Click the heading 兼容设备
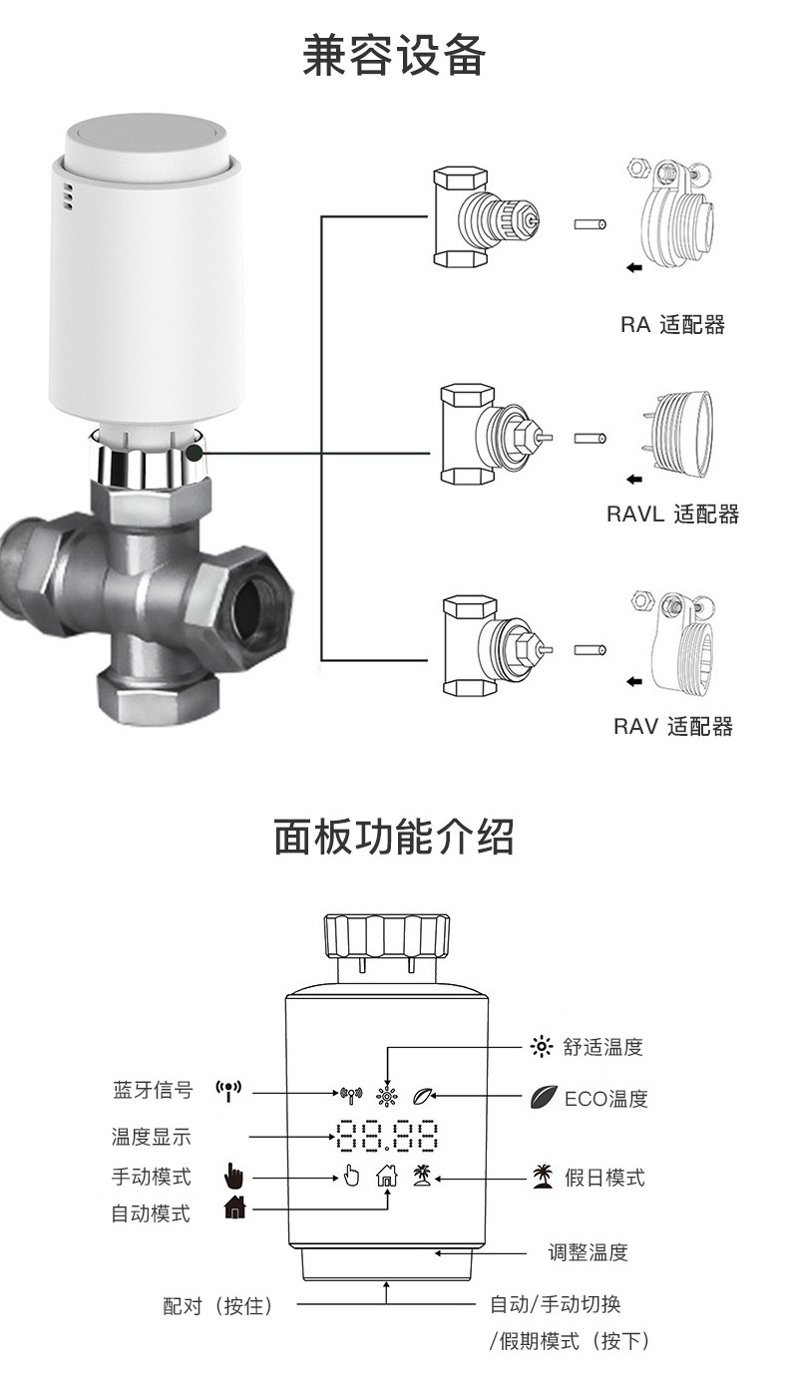click(x=393, y=56)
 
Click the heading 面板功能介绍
click(x=393, y=839)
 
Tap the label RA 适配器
click(x=672, y=324)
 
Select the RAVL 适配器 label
click(x=672, y=514)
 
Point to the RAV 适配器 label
click(x=672, y=726)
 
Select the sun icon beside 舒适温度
click(x=541, y=1046)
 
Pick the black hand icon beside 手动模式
click(x=232, y=1176)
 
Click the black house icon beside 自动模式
click(x=234, y=1208)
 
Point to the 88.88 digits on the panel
click(x=387, y=1136)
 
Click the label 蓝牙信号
click(x=152, y=1090)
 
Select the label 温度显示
click(x=151, y=1136)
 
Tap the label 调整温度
click(x=588, y=1252)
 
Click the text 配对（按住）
click(x=218, y=1304)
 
